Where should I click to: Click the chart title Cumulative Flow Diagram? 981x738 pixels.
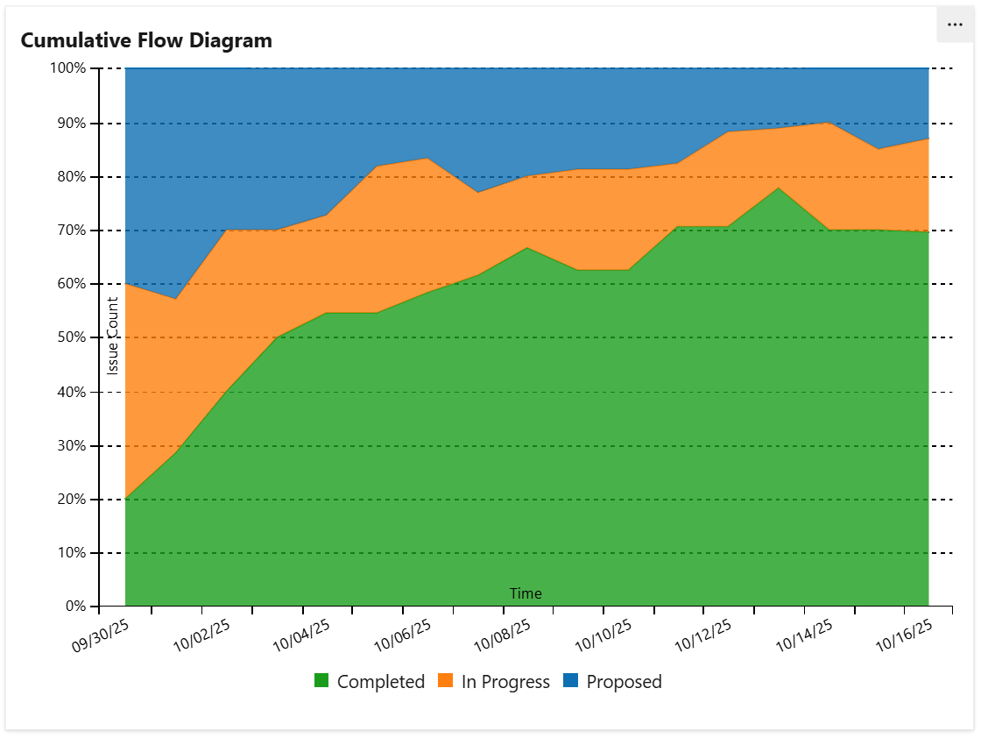(x=146, y=40)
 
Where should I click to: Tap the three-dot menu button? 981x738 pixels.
(x=955, y=25)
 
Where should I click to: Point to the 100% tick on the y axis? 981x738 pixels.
(x=67, y=68)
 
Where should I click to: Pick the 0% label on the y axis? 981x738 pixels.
(x=75, y=607)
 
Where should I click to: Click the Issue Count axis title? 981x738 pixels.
(x=113, y=337)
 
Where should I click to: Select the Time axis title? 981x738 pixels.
(x=526, y=593)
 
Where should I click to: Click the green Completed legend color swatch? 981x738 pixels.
(x=321, y=681)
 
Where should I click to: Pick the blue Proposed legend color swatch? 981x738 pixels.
(x=570, y=681)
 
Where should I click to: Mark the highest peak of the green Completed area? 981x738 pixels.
(x=778, y=188)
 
